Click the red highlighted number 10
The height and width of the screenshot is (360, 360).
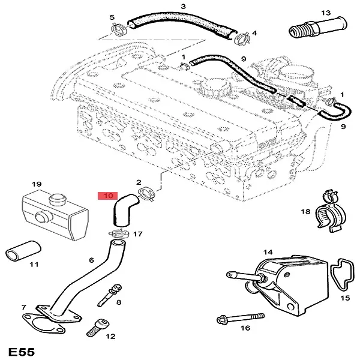[x=108, y=195]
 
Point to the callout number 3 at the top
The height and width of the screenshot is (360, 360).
[x=183, y=7]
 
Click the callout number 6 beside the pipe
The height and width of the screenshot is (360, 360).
[x=91, y=260]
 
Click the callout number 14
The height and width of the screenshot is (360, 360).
[x=268, y=252]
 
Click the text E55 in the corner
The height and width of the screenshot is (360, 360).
[x=21, y=350]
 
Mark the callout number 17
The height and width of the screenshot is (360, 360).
[x=138, y=234]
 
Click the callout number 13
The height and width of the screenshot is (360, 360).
[x=326, y=13]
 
